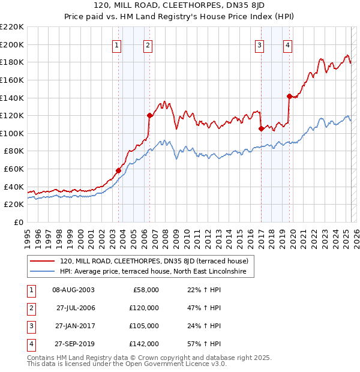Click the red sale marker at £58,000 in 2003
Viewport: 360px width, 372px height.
(118, 170)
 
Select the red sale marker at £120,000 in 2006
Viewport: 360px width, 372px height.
(149, 115)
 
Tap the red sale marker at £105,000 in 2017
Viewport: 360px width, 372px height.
(261, 128)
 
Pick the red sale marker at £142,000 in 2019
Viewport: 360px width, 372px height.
(289, 96)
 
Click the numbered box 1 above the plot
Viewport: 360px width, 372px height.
(116, 44)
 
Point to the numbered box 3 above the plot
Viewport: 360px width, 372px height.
(259, 44)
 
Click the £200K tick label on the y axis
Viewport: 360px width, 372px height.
(12, 44)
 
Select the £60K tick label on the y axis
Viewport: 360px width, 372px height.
(14, 169)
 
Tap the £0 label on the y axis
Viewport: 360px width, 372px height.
(19, 223)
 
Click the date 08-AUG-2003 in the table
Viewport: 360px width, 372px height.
(73, 290)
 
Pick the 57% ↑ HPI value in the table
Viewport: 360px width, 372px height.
(205, 344)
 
